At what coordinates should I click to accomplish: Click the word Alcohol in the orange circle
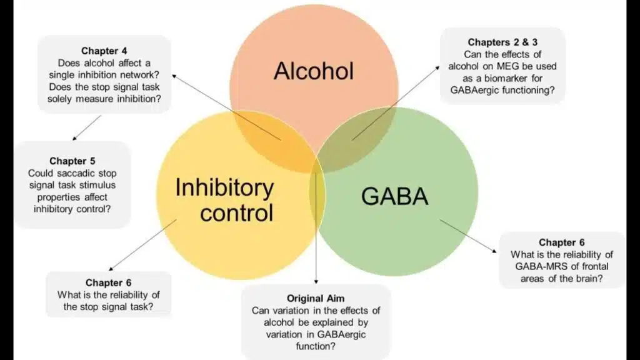pyautogui.click(x=314, y=71)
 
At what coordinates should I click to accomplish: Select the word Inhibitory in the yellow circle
pyautogui.click(x=224, y=187)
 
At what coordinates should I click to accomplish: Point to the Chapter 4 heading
pyautogui.click(x=105, y=51)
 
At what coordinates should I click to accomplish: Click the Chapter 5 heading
pyautogui.click(x=72, y=161)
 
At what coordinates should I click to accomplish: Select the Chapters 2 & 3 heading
pyautogui.click(x=503, y=42)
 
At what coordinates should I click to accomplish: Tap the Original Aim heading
pyautogui.click(x=316, y=297)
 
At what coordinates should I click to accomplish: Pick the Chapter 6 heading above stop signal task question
pyautogui.click(x=109, y=282)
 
